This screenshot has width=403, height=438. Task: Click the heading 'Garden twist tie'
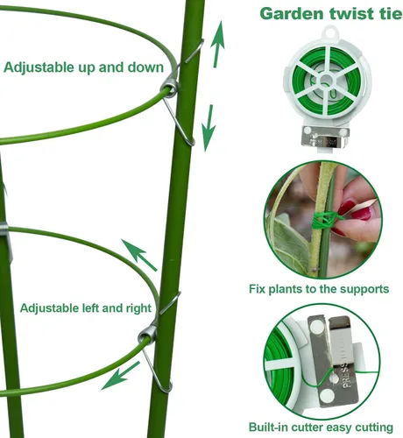coord(331,14)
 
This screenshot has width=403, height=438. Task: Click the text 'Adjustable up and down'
coord(83,67)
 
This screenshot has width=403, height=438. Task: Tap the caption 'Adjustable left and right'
coord(86,308)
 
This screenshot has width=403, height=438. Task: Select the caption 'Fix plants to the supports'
coord(319,289)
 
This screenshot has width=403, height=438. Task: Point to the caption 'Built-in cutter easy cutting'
coord(321,427)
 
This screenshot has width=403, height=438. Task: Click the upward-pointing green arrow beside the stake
coord(217,44)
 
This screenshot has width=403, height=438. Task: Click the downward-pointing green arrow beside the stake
coord(209,128)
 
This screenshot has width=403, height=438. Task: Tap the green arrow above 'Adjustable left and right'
coord(139,255)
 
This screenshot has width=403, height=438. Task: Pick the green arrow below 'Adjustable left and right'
coord(121,376)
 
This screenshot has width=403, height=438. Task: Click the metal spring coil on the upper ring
coord(169,88)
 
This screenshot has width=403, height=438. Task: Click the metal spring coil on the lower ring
coord(147,335)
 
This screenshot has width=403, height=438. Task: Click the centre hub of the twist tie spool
coord(325,81)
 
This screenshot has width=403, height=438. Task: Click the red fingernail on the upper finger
coord(347,206)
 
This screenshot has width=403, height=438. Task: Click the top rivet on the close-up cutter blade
coord(316,326)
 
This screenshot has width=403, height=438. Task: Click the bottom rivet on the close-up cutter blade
coord(327,396)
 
